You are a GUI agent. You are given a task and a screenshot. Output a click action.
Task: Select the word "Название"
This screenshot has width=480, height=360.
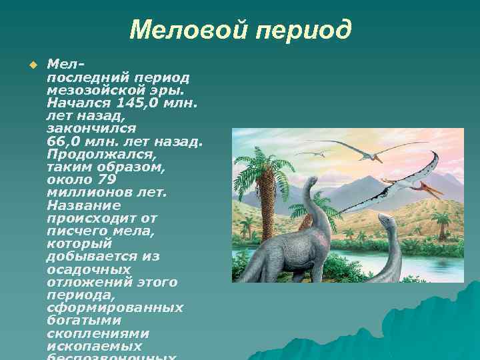pos(84,205)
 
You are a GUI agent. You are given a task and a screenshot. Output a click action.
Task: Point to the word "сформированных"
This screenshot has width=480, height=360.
pos(115,307)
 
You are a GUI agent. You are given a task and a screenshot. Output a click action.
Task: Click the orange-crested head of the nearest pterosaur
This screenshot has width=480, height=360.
pos(433,189)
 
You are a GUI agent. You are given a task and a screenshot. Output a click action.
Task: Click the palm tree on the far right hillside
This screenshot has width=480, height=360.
pos(441,220)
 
